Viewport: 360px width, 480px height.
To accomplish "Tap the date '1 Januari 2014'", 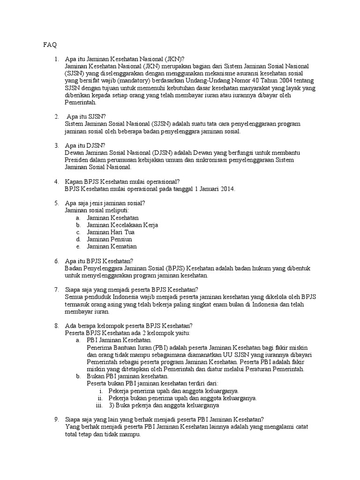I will (x=210, y=189).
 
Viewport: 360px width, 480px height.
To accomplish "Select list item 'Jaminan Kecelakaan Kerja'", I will (x=122, y=225).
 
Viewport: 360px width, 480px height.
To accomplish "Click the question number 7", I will (x=56, y=290).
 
